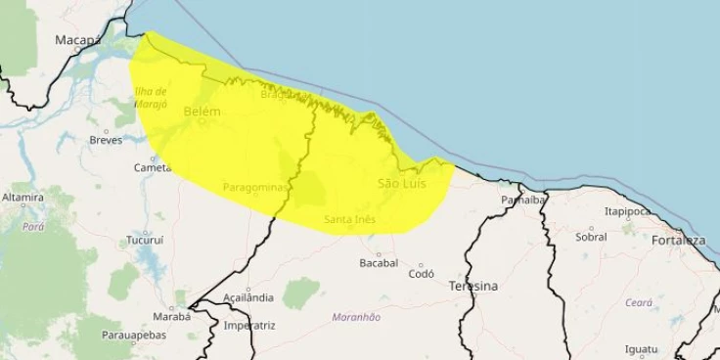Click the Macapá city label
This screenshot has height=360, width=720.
pyautogui.click(x=78, y=40)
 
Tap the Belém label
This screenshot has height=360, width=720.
pyautogui.click(x=202, y=112)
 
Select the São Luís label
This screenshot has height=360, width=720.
pyautogui.click(x=401, y=184)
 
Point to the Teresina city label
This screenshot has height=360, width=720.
pyautogui.click(x=472, y=287)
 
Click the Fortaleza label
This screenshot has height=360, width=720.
pyautogui.click(x=678, y=241)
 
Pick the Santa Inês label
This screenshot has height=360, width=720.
pyautogui.click(x=350, y=220)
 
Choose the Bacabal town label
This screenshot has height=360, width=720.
pyautogui.click(x=379, y=263)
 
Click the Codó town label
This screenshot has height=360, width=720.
pyautogui.click(x=421, y=275)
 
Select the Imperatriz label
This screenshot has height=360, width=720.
pyautogui.click(x=248, y=325)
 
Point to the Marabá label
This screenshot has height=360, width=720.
pyautogui.click(x=171, y=316)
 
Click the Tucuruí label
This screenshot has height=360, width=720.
pyautogui.click(x=145, y=240)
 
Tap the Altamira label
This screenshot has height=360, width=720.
pyautogui.click(x=22, y=198)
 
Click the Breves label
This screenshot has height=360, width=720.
pyautogui.click(x=106, y=140)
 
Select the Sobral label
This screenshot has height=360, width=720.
pyautogui.click(x=591, y=237)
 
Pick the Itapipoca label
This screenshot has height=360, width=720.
pyautogui.click(x=627, y=210)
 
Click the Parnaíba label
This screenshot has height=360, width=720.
pyautogui.click(x=522, y=200)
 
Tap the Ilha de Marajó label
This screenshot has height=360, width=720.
pyautogui.click(x=152, y=98)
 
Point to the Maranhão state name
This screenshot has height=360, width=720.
pyautogui.click(x=356, y=317)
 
